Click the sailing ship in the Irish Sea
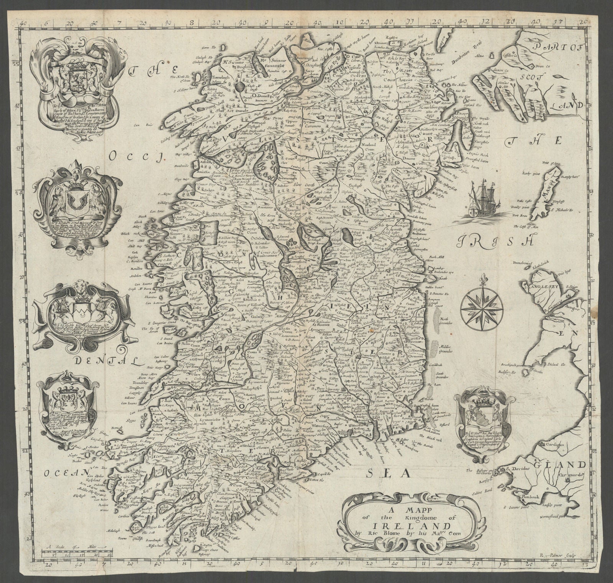484,200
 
